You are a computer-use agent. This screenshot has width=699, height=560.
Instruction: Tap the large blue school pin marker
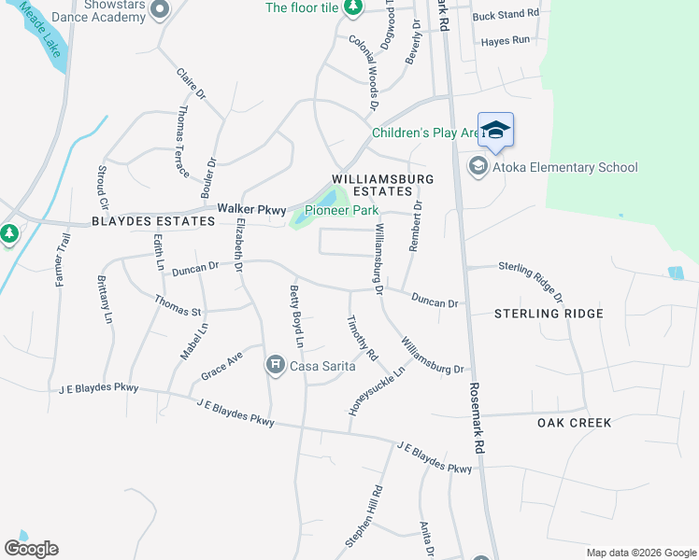tap(495, 132)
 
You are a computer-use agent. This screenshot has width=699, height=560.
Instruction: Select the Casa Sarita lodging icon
tap(275, 365)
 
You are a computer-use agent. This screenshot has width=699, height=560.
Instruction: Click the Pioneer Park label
tap(341, 211)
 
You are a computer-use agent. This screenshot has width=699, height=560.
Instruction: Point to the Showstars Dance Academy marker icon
tap(160, 10)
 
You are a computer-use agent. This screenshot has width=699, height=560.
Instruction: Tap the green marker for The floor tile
tap(352, 8)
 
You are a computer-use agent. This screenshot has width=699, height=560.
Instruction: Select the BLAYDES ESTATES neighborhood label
tap(153, 222)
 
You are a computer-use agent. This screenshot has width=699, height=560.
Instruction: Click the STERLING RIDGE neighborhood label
tap(549, 314)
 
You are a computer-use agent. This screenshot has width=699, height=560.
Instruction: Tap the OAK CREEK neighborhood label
tap(575, 423)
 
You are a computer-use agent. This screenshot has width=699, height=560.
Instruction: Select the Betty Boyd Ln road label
tap(297, 315)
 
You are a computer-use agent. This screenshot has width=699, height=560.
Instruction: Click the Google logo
tap(31, 549)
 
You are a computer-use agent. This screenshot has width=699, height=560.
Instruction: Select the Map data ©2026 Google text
tap(640, 553)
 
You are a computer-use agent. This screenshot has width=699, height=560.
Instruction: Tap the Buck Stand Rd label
tap(506, 14)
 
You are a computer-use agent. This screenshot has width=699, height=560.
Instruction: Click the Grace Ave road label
tap(221, 367)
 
